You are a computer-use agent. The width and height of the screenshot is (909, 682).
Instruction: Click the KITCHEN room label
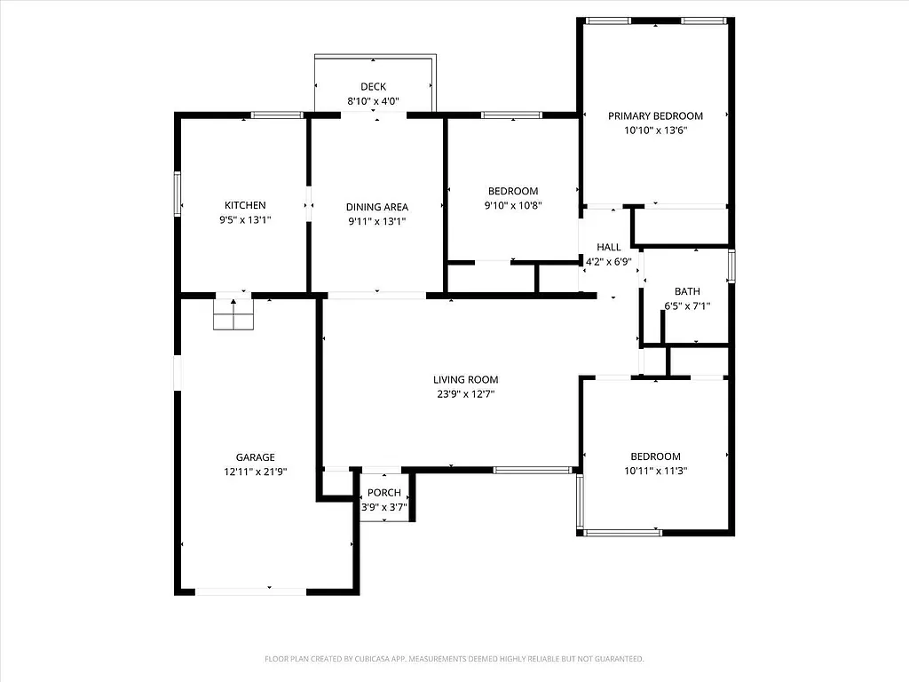pyautogui.click(x=244, y=205)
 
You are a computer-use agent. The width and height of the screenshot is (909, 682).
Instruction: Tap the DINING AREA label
pyautogui.click(x=376, y=207)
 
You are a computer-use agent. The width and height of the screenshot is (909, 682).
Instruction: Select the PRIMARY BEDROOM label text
pyautogui.click(x=655, y=115)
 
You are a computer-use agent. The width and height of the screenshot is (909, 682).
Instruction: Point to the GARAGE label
pyautogui.click(x=255, y=457)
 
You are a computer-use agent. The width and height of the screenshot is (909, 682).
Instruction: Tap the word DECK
pyautogui.click(x=373, y=86)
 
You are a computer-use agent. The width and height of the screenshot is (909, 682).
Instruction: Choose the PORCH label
pyautogui.click(x=384, y=493)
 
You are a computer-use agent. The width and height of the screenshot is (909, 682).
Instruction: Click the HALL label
pyautogui.click(x=609, y=247)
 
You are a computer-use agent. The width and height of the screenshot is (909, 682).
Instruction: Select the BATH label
pyautogui.click(x=687, y=291)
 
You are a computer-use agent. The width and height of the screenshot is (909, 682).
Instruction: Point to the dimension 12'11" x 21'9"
pyautogui.click(x=255, y=472)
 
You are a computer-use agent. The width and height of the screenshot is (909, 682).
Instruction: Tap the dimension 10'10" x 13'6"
pyautogui.click(x=655, y=131)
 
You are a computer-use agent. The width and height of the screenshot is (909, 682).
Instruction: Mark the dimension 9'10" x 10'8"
pyautogui.click(x=513, y=206)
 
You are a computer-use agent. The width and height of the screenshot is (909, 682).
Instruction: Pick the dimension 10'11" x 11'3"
pyautogui.click(x=655, y=472)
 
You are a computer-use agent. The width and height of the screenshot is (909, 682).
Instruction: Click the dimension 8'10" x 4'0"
pyautogui.click(x=373, y=101)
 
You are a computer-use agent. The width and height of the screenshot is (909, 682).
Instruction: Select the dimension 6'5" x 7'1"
pyautogui.click(x=687, y=306)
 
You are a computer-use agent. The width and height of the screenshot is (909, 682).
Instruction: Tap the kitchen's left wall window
pyautogui.click(x=178, y=194)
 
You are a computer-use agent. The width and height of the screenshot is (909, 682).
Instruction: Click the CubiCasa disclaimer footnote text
pyautogui.click(x=454, y=659)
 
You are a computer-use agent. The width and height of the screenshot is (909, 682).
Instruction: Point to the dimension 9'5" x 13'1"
pyautogui.click(x=244, y=220)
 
